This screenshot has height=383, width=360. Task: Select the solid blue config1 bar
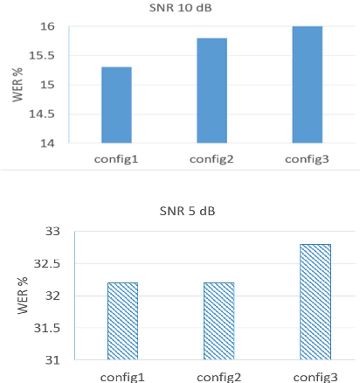pyautogui.click(x=116, y=105)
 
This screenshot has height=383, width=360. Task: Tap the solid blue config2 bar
pyautogui.click(x=211, y=90)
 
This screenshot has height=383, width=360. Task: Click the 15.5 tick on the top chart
pyautogui.click(x=42, y=56)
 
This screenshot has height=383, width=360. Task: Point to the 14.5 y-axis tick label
pyautogui.click(x=42, y=114)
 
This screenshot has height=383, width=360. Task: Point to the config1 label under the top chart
pyautogui.click(x=116, y=159)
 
